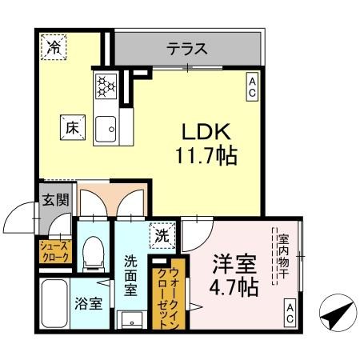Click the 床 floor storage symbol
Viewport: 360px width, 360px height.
pos(71,125)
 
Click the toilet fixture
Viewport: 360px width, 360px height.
pos(93,251)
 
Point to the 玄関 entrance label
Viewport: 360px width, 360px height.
pos(54,200)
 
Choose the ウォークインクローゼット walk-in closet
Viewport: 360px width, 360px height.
pos(176,292)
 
